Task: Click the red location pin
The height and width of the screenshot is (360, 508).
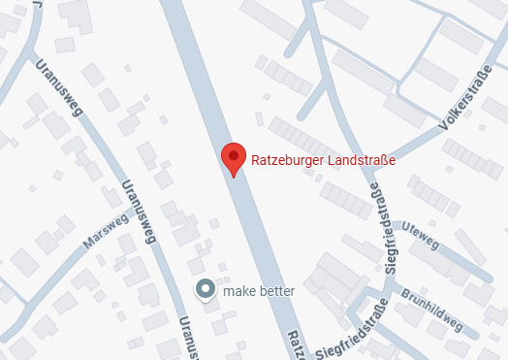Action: pos(234,157)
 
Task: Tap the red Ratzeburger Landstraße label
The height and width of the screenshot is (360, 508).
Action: pos(310,161)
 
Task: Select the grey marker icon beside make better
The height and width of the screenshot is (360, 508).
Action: pos(206,289)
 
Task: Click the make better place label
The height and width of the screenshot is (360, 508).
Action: pos(258,290)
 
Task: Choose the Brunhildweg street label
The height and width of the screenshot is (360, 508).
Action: pos(432,310)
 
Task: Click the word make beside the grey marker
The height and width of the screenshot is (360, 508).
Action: pos(238,290)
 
